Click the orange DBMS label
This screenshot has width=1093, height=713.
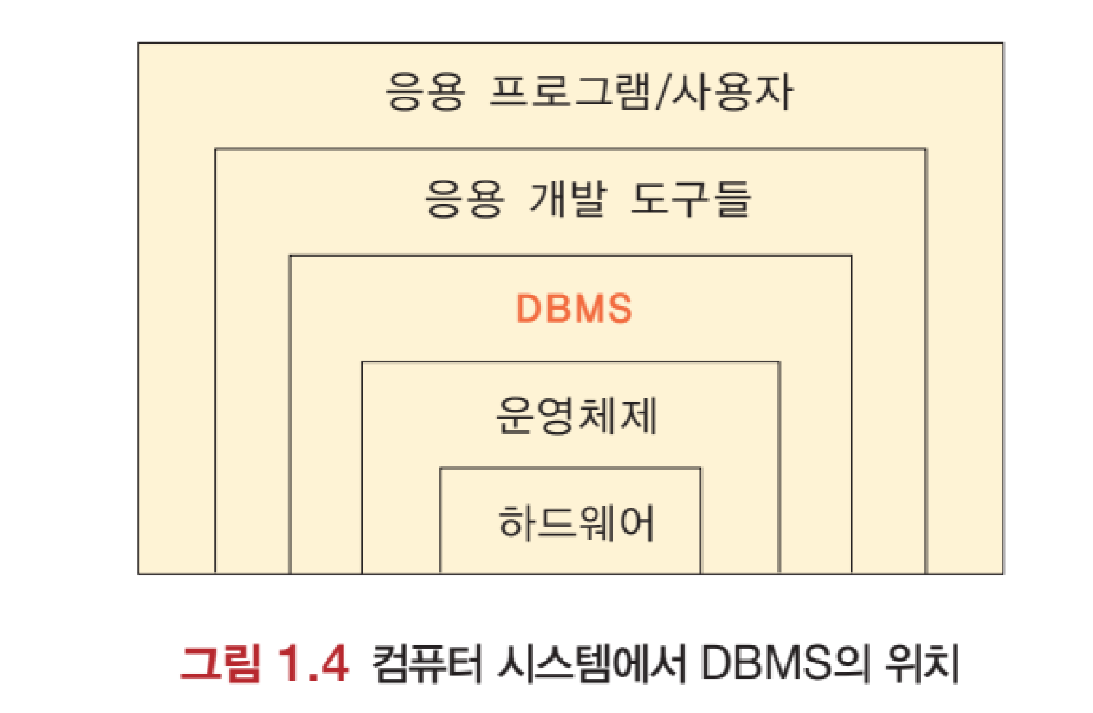(574, 308)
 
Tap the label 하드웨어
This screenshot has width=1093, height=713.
(576, 522)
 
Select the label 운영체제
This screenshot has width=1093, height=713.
(576, 415)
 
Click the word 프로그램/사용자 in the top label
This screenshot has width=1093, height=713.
(640, 92)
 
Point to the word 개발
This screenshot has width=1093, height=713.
(568, 198)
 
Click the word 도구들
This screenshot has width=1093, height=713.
(690, 198)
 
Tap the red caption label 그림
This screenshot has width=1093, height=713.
(220, 664)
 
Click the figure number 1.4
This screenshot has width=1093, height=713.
(314, 664)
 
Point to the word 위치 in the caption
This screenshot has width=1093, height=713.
(922, 664)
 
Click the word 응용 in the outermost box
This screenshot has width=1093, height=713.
(425, 92)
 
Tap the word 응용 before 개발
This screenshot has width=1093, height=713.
(464, 198)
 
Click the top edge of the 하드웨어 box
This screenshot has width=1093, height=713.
(571, 469)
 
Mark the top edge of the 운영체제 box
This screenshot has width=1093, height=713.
(571, 362)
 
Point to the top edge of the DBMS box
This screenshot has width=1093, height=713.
(571, 255)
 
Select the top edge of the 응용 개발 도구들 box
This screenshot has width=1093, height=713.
(571, 149)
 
